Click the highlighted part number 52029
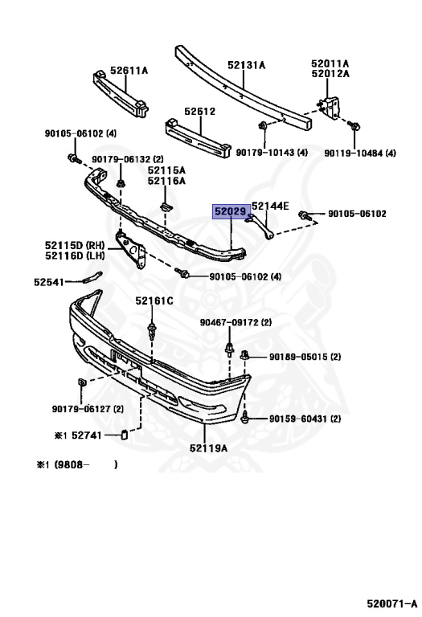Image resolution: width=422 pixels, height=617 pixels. point(231,212)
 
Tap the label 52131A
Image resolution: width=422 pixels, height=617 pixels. point(247,65)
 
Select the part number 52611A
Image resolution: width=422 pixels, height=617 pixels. point(129,71)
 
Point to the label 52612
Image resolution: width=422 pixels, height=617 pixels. point(200,112)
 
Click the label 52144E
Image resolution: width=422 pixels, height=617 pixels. point(270,206)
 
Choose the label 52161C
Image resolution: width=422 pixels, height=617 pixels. point(154,301)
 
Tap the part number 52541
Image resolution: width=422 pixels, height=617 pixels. point(49,282)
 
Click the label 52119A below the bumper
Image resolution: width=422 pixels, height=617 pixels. point(208,447)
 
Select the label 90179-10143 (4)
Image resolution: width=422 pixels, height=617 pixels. point(272,153)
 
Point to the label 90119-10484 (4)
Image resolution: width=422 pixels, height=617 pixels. point(360,153)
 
